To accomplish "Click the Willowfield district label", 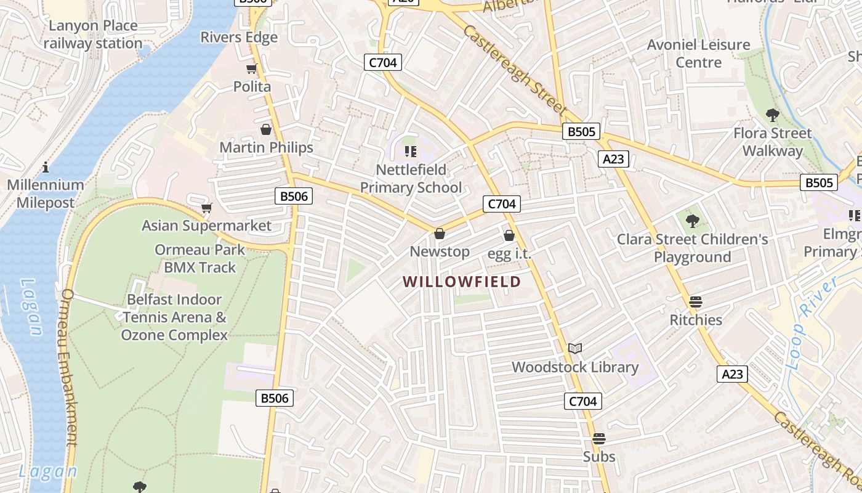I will click(462, 282).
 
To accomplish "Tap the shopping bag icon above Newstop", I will click(440, 234).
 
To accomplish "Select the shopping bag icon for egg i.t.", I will click(509, 235).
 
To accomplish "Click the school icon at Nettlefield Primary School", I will click(411, 152).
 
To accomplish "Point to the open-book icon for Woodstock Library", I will click(575, 349).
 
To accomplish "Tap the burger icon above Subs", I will click(599, 439).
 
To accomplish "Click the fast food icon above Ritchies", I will click(696, 302).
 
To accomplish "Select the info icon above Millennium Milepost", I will click(46, 167).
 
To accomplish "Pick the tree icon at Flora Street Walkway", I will click(772, 115).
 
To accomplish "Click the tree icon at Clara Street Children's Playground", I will click(693, 221).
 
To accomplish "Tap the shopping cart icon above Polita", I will click(251, 68).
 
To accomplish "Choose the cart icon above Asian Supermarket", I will click(207, 208).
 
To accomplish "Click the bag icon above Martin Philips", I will click(266, 129).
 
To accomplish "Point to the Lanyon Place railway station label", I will click(93, 35).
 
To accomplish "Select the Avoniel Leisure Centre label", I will click(698, 54).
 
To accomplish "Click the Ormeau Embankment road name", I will click(68, 367).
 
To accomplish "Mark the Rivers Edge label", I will click(239, 37).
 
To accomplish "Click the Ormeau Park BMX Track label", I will click(200, 259).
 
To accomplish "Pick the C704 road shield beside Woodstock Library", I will click(582, 402).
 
